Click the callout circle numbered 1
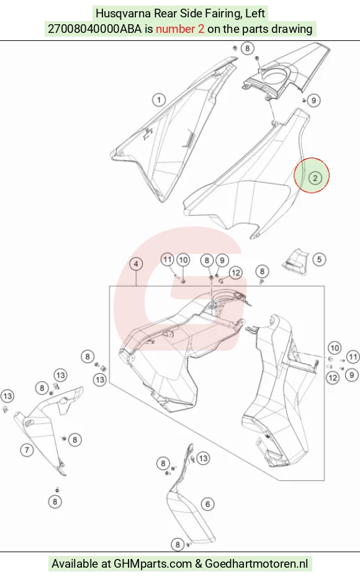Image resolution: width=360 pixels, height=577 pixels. coord(159,100)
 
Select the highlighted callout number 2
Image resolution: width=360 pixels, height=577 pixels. coord(315,178)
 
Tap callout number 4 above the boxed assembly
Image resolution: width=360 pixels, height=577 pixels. coord(136,264)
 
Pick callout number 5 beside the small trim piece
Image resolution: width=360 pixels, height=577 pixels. coord(319,259)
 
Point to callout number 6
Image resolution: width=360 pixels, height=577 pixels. coord(207,504)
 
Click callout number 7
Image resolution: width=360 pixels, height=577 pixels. coord(27,450)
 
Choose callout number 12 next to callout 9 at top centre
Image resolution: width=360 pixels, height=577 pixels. coord(236,272)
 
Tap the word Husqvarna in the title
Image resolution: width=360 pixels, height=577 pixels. coord(123,13)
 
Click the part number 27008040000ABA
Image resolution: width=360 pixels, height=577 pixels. coord(94,29)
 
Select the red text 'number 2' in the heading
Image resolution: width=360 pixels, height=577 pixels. coord(179,29)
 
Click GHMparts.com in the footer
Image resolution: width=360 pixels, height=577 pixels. coord(153,563)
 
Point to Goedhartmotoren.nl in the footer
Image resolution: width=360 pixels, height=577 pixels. coord(256,563)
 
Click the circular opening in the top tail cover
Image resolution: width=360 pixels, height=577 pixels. coord(275,76)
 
